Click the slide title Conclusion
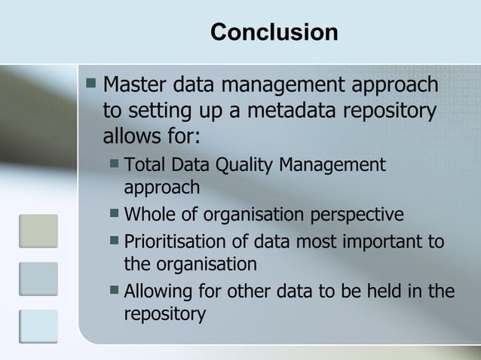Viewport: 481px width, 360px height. tap(274, 32)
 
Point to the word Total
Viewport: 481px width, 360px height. tap(146, 165)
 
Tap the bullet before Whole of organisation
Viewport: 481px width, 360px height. tap(113, 215)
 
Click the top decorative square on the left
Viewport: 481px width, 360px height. tap(38, 230)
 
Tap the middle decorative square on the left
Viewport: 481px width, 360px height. tap(38, 279)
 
